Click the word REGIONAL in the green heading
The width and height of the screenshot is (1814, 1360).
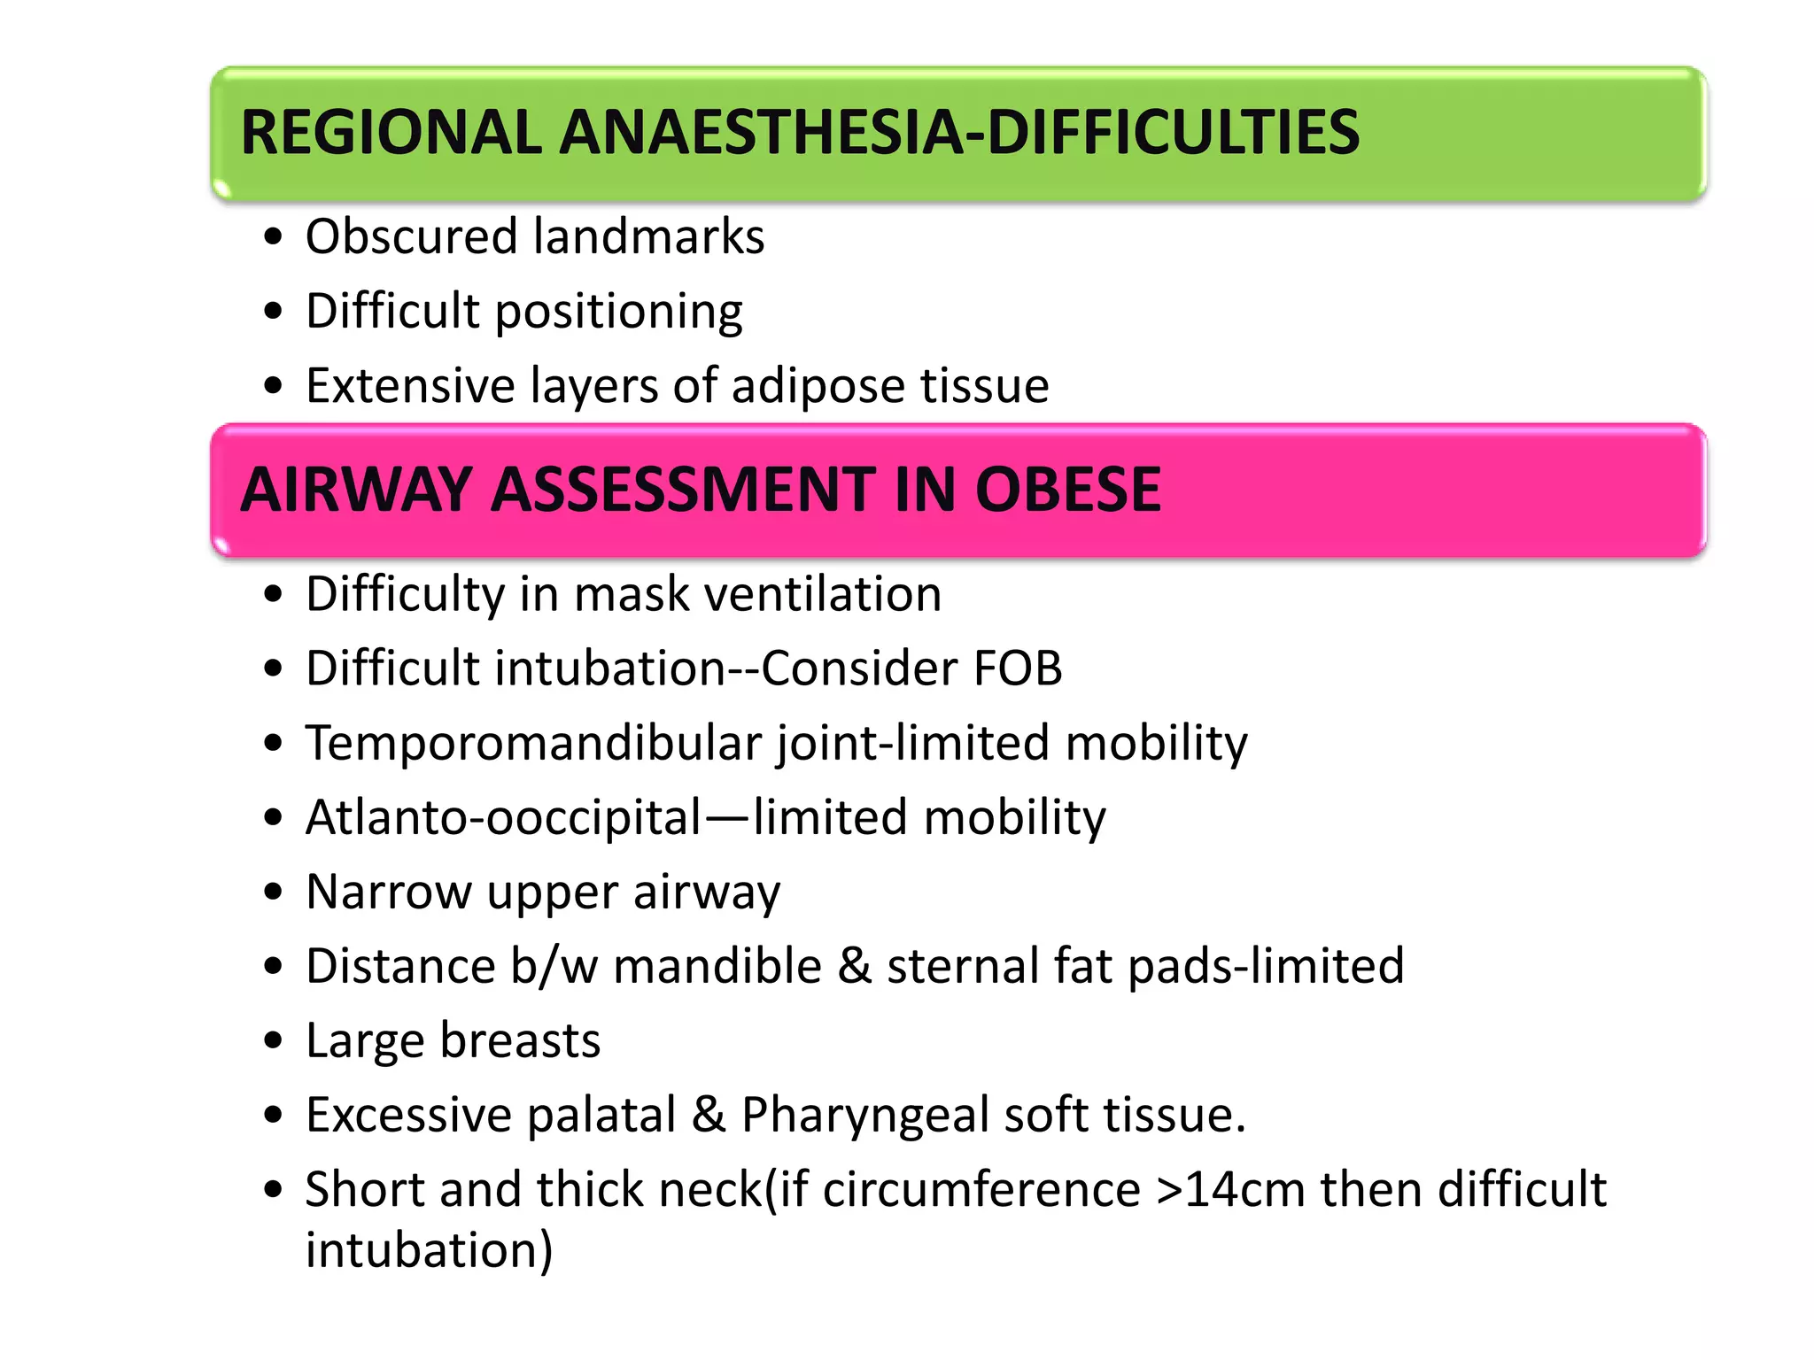390,133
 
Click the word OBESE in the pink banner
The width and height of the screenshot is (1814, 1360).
1067,490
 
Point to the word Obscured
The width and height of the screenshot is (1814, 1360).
411,237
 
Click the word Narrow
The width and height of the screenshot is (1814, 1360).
388,892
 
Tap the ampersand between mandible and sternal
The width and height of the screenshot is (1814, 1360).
855,966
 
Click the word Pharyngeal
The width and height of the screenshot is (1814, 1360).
864,1116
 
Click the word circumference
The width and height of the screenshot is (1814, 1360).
981,1190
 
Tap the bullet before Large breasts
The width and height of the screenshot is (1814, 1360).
274,1040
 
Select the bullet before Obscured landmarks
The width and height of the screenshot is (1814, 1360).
274,237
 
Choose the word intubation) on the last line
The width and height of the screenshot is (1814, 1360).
429,1250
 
